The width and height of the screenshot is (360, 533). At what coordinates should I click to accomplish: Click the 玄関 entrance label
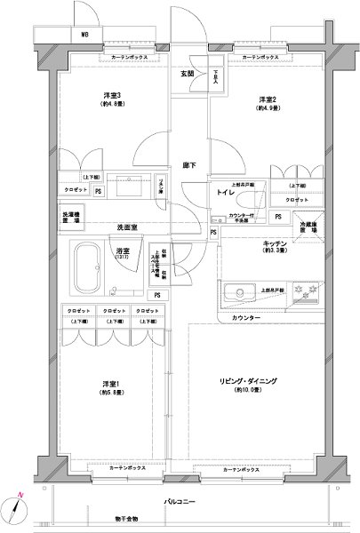coord(187,74)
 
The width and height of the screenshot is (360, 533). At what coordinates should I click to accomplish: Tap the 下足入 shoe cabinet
coord(215,80)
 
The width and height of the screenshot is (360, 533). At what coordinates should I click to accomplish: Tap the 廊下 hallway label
coord(188,164)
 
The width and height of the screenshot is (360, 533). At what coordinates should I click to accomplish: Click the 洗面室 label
coord(127,228)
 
